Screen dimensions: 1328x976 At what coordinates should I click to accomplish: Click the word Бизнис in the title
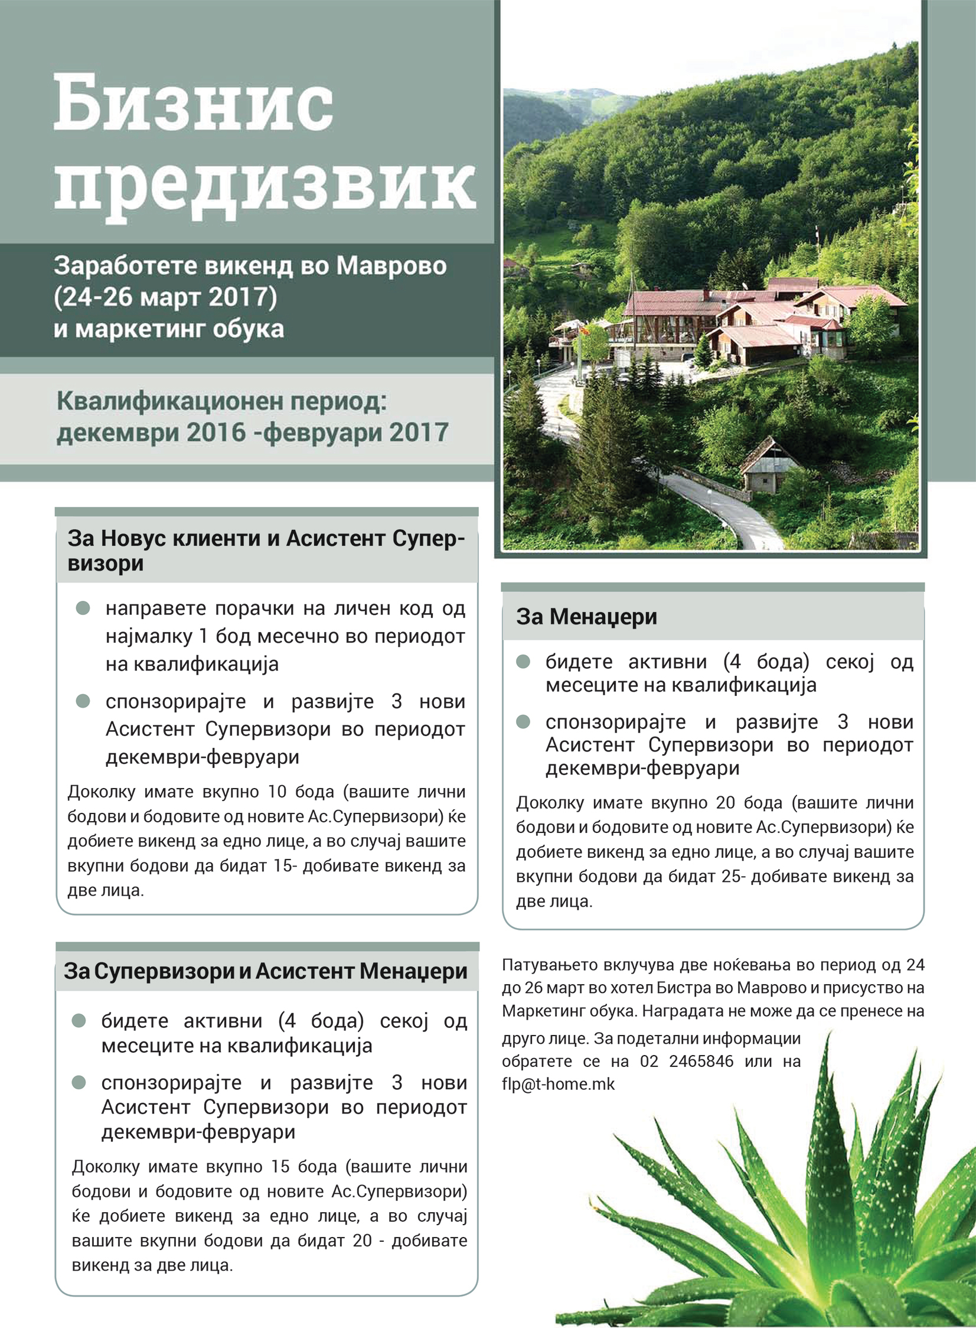193,104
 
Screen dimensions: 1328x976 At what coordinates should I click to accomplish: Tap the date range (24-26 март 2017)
165,297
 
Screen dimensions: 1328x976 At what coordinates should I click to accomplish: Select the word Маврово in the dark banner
391,266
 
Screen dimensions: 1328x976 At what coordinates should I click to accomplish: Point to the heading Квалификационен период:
221,402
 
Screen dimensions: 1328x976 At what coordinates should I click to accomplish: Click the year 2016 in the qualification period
215,432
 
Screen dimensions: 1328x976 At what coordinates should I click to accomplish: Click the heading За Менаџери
586,617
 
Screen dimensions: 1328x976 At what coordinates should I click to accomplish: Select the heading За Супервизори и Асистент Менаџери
265,972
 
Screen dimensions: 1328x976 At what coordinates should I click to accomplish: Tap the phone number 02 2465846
687,1062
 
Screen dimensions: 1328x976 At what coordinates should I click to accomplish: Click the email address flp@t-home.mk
558,1085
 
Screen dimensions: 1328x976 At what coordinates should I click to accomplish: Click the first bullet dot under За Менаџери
523,661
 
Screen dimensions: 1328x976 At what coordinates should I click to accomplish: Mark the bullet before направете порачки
83,608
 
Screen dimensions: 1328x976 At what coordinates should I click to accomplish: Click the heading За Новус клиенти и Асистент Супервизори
266,550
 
